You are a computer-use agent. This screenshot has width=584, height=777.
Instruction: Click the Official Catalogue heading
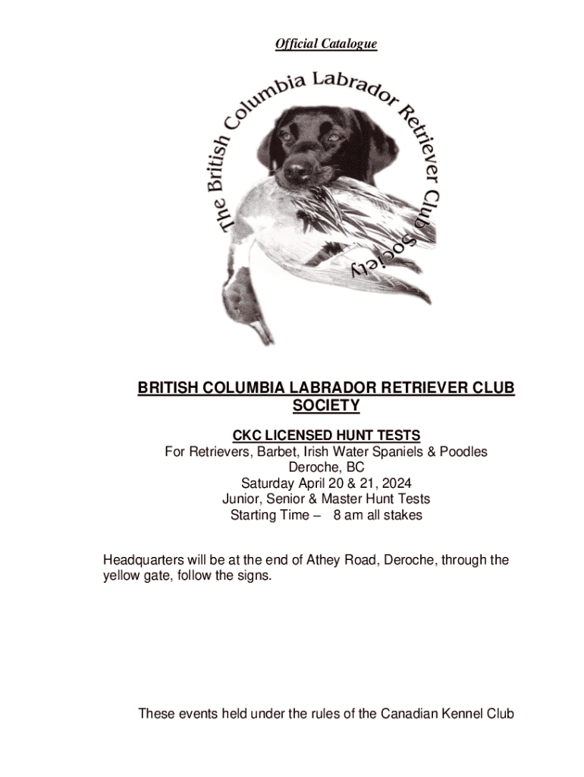pos(326,45)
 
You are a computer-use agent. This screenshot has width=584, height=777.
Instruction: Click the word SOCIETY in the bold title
pos(326,407)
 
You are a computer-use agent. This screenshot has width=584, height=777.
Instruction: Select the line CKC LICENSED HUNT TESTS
pos(326,436)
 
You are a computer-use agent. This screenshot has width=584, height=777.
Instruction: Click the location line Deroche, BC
pos(326,467)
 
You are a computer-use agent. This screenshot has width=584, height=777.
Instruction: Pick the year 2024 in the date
pos(394,483)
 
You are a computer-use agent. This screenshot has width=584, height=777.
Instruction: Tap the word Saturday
pos(269,483)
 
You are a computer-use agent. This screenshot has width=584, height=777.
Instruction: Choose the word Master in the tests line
pos(344,499)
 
